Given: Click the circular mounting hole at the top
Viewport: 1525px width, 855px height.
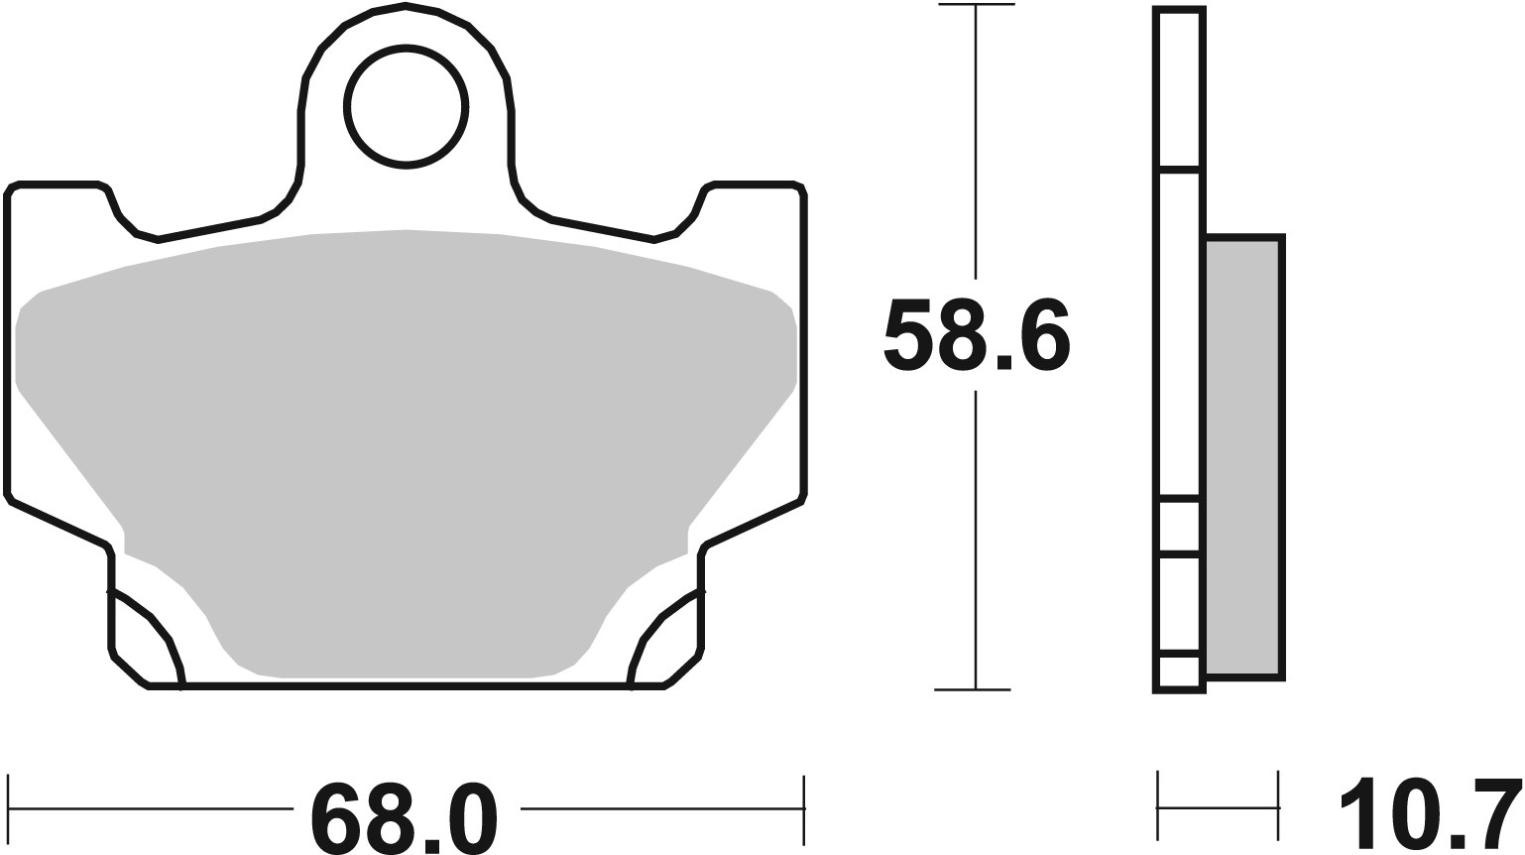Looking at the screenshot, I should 406,107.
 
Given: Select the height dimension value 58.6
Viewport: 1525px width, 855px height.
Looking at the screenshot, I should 976,335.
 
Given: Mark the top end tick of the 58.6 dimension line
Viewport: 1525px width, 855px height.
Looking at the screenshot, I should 976,6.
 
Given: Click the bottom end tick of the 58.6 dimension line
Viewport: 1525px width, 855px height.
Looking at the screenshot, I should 976,688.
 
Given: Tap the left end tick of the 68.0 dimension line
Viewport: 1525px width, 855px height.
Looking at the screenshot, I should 9,808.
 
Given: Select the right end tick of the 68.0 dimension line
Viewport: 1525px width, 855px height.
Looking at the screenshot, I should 802,808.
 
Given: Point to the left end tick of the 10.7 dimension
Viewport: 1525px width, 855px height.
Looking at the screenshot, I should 1158,807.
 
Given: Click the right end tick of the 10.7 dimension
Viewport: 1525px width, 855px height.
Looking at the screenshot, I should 1278,807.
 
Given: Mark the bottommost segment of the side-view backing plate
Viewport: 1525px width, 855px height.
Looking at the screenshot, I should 1179,672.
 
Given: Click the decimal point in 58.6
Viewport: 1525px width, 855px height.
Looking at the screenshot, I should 1003,362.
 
